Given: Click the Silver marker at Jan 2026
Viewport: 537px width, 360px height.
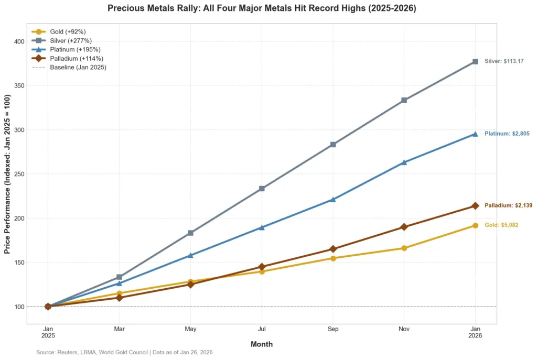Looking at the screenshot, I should pos(475,61).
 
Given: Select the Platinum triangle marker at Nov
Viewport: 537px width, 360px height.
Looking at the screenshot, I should pos(404,162).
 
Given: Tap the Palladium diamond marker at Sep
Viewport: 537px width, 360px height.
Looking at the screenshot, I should pos(332,249).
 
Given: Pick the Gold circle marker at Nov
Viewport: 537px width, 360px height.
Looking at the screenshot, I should pos(404,248).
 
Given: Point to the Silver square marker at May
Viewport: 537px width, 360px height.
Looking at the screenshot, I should pos(190,233).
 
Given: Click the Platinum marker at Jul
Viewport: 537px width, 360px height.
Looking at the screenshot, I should pos(262,227).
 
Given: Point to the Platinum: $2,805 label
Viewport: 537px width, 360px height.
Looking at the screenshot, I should pos(507,134).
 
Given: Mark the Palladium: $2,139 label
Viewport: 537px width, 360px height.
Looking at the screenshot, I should pos(508,205).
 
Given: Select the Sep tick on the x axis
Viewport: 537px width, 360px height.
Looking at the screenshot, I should pos(332,329).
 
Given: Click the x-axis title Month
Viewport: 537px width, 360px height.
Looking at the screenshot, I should pos(261,344).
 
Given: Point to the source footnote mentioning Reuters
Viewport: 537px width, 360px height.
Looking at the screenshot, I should pos(124,353).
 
